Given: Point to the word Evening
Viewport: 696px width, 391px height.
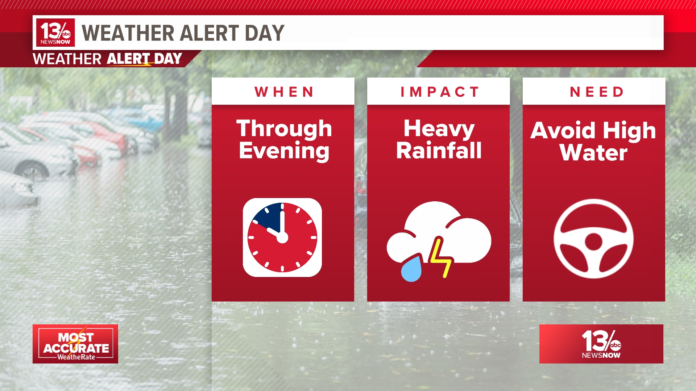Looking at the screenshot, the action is point(284,151).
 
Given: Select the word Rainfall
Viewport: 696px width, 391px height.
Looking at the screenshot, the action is point(439,150).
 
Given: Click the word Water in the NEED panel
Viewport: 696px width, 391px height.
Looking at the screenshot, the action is point(593,152).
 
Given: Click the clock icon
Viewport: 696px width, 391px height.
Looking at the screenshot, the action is point(282,237).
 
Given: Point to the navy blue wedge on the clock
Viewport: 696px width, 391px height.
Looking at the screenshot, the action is point(268,217).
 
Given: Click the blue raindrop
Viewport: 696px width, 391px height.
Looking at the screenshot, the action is point(411,269).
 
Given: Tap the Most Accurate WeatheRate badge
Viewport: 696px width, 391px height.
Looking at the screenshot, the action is point(75,344).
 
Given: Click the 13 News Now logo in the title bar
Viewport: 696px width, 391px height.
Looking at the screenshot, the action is point(55,33).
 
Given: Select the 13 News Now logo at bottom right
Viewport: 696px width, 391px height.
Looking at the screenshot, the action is point(601,344).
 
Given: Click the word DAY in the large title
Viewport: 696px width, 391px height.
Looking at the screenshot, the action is point(265,33).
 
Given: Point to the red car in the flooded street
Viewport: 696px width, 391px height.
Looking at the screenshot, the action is point(105,136).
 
